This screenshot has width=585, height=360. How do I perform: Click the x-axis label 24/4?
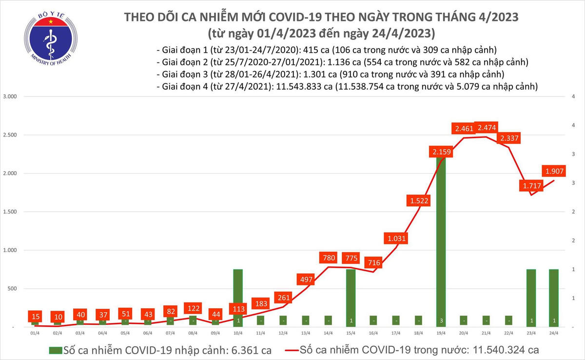coord(554,333)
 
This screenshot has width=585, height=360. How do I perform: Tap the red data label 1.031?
coord(394,239)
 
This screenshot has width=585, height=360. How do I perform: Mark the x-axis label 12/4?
coord(283,333)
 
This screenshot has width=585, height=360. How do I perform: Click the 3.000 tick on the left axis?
coord(10,97)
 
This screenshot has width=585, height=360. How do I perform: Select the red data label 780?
coord(329,257)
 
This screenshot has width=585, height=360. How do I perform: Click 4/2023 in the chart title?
coord(497,18)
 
